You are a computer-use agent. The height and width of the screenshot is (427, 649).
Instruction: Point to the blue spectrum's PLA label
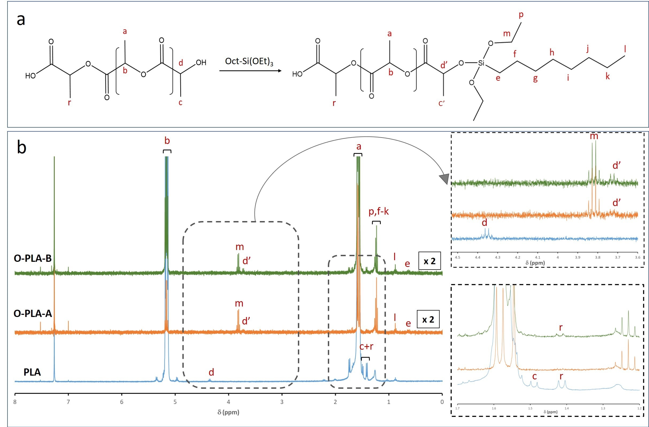click(32, 372)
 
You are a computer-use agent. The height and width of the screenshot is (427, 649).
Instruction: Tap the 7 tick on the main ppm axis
click(68, 402)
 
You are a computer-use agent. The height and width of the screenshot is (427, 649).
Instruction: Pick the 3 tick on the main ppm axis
click(282, 402)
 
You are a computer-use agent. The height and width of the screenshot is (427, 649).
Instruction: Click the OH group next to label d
click(201, 62)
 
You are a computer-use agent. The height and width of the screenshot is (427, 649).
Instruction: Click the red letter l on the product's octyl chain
click(625, 49)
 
